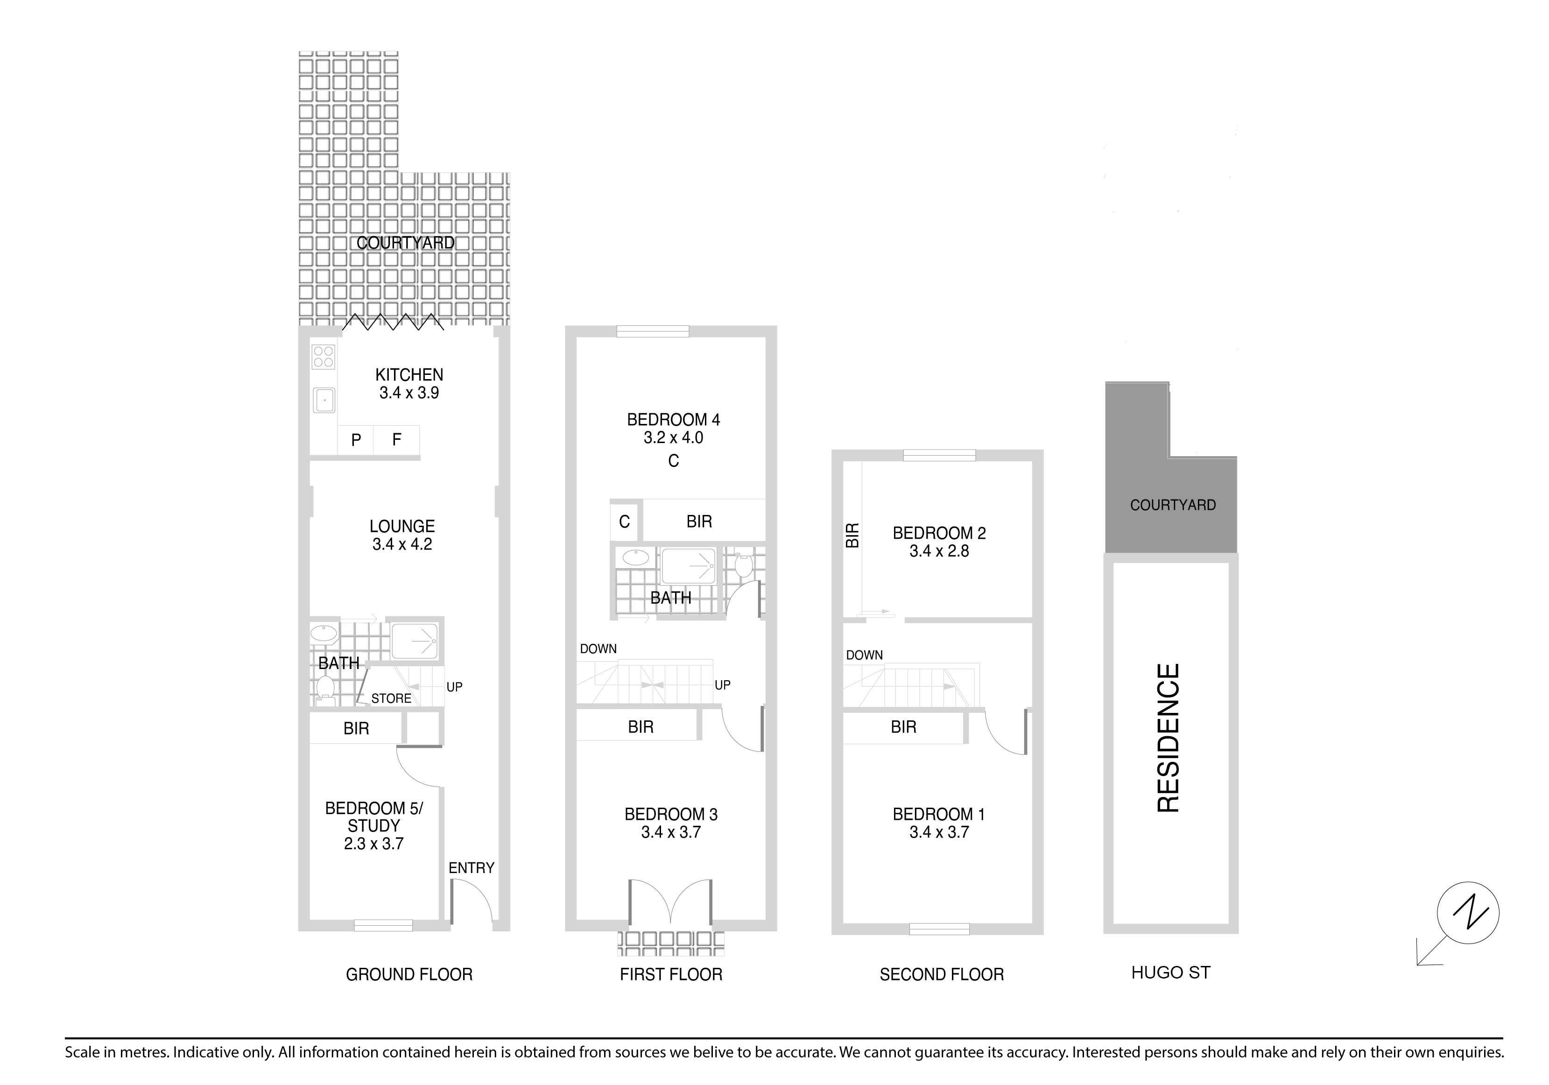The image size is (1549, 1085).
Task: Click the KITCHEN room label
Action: [409, 374]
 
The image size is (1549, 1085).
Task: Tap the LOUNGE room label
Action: [402, 526]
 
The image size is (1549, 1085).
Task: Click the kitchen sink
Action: [324, 400]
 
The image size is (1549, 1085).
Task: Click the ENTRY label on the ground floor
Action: [472, 868]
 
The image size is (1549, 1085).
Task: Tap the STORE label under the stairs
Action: [391, 698]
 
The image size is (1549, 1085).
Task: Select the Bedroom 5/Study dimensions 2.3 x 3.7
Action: [374, 844]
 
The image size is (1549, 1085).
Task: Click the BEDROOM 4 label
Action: [673, 420]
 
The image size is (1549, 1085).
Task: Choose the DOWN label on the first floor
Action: [598, 648]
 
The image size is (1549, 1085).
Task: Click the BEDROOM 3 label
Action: [671, 814]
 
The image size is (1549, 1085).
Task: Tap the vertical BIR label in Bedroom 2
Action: [853, 535]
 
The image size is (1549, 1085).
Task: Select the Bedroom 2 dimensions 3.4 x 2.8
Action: [939, 551]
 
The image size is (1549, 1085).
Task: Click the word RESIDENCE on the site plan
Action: [1169, 738]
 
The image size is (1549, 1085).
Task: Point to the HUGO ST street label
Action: [1171, 972]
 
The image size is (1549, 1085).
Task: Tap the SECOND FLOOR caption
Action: [942, 974]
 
